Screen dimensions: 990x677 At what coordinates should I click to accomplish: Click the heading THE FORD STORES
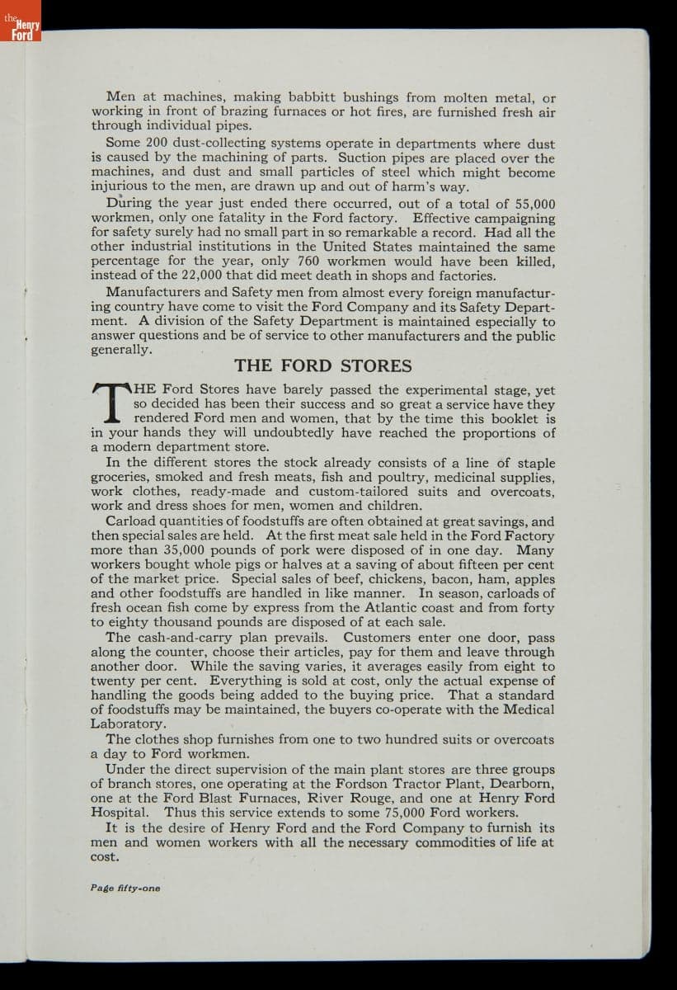click(323, 365)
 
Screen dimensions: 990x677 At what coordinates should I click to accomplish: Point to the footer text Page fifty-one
click(125, 889)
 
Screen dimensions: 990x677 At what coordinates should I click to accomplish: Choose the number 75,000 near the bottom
click(382, 813)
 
